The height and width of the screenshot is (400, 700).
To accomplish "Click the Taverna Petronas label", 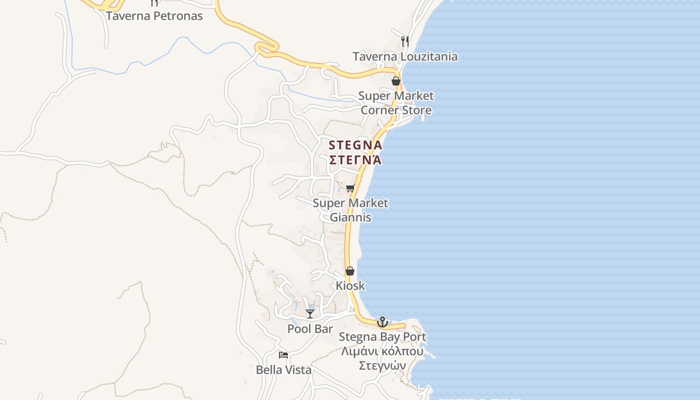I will pos(154,16).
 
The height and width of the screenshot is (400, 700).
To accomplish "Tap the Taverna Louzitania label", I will pos(405,56).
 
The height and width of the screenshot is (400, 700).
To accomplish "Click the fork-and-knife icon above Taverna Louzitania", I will pos(405,41).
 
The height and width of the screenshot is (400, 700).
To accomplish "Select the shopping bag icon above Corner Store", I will pos(396,80).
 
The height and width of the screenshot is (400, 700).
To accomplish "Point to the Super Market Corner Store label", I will pos(396,102).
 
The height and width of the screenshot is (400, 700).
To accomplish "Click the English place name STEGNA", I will pos(355,145).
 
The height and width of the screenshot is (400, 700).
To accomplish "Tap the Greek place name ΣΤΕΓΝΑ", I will pos(355,160).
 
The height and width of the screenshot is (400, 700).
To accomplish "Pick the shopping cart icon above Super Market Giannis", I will pos(350,188).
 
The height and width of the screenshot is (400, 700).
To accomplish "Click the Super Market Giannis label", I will pos(350,210).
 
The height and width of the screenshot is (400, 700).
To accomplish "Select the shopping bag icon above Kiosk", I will pos(350,271).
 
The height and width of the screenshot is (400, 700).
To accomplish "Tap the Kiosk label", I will pos(350,286).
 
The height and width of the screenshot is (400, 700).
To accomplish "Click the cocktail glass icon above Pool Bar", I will pos(310,313).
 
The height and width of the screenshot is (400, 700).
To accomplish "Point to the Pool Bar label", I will pos(310,329).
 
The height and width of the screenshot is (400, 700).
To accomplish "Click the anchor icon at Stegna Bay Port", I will pos(382,322).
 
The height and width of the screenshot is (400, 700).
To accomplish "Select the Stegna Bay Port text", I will pos(382,337).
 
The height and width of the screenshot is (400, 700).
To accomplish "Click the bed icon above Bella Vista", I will pos(283,355).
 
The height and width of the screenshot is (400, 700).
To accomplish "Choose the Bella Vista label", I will pos(283,370).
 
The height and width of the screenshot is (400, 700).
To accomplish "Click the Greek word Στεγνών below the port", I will pos(382,365).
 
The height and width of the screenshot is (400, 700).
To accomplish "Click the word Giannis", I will pos(350,217).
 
